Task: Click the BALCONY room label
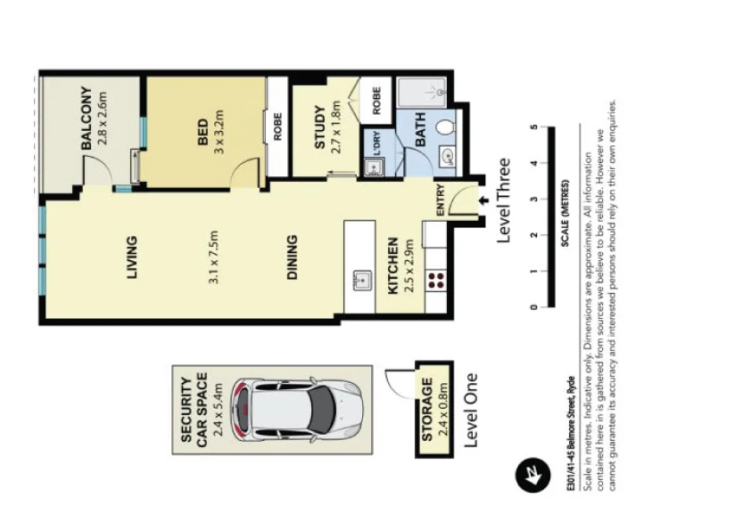click(87, 118)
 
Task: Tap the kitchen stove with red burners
click(436, 281)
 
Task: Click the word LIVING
click(132, 257)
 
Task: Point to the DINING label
click(293, 257)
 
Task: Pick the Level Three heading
click(504, 200)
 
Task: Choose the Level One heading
click(473, 410)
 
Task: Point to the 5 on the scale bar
click(533, 127)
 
